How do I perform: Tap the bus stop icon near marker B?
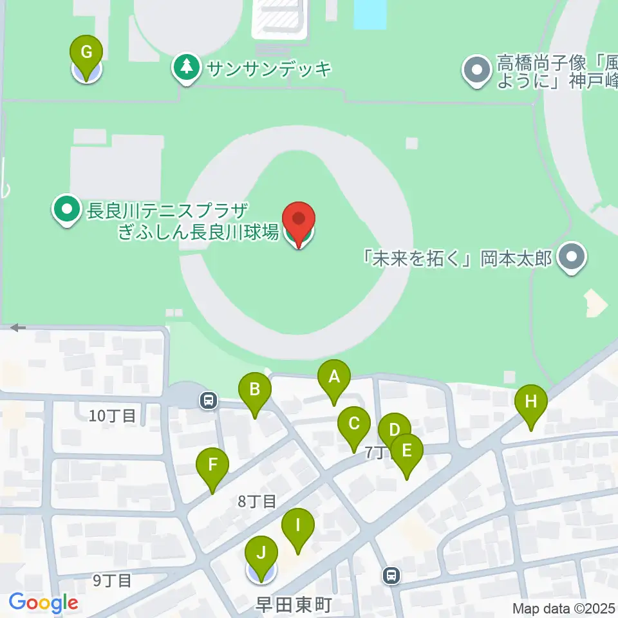click(208, 400)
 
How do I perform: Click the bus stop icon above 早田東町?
click(391, 575)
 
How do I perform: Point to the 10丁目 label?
click(113, 416)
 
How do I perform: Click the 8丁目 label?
click(257, 501)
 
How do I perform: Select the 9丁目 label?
click(112, 581)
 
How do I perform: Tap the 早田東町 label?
click(292, 605)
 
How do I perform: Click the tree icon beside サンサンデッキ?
click(187, 68)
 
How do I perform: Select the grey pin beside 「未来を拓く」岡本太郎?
click(570, 258)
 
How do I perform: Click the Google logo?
click(43, 603)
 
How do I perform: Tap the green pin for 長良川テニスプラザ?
click(66, 209)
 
